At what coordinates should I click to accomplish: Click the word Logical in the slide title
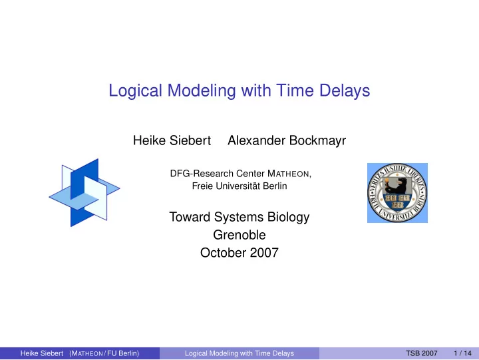135,90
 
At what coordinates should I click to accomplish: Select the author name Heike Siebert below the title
172,140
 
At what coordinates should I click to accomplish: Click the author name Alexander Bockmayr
287,140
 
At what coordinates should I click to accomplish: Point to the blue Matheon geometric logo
84,192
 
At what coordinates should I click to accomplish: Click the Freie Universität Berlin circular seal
397,193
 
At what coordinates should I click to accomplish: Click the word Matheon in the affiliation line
288,174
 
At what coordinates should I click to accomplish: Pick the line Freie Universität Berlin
239,186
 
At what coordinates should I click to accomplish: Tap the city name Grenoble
239,235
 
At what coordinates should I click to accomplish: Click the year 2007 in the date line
264,253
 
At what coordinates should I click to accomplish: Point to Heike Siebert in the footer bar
41,353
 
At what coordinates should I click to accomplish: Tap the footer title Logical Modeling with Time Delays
239,353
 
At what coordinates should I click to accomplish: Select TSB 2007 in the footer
422,353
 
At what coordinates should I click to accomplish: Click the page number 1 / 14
462,353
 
